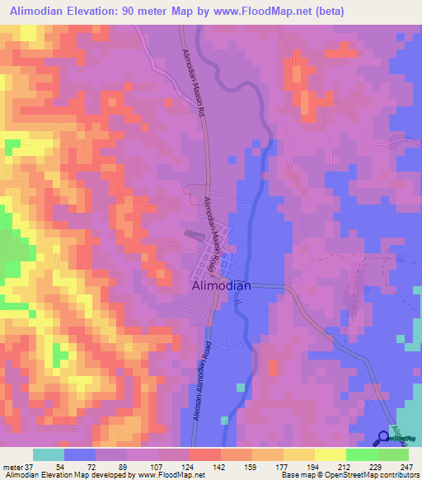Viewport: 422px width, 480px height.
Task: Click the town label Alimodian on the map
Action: [x=221, y=285]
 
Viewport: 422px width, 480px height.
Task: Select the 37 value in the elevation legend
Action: [x=30, y=467]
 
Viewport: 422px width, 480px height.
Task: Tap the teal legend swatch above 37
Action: [x=49, y=454]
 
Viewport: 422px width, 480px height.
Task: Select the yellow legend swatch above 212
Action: [x=330, y=454]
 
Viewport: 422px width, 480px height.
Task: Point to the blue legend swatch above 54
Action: [x=80, y=454]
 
